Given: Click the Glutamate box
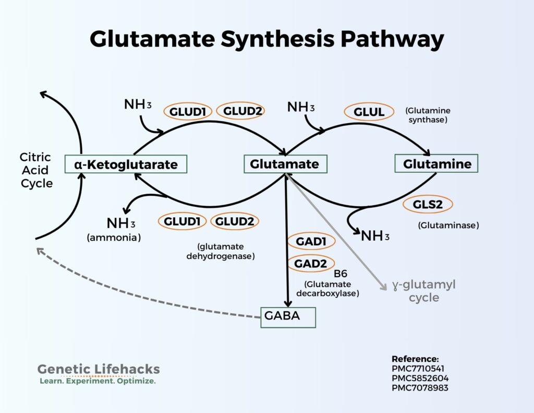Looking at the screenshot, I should pyautogui.click(x=285, y=164).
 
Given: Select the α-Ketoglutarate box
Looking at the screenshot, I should pyautogui.click(x=126, y=164).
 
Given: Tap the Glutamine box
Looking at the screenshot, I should pyautogui.click(x=436, y=164).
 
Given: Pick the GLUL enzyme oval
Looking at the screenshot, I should pyautogui.click(x=369, y=112).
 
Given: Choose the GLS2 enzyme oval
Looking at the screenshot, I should pyautogui.click(x=428, y=204).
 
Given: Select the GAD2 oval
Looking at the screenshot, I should pyautogui.click(x=310, y=264).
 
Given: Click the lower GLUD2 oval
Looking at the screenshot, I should pyautogui.click(x=235, y=221).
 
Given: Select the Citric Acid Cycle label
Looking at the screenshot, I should pyautogui.click(x=36, y=170).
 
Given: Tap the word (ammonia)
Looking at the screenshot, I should pyautogui.click(x=114, y=238).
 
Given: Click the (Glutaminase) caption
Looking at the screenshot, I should pyautogui.click(x=448, y=226).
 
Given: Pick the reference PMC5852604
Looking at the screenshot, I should pyautogui.click(x=420, y=378).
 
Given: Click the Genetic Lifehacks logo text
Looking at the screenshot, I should pyautogui.click(x=99, y=369).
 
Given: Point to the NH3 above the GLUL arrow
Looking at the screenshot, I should pyautogui.click(x=301, y=108).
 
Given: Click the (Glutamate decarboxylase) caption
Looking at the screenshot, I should pyautogui.click(x=327, y=289).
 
